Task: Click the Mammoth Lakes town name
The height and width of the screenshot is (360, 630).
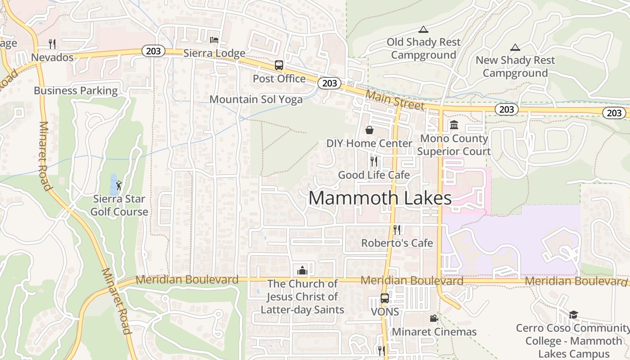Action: coord(380,198)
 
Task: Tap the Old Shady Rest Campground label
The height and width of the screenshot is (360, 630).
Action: coord(423,49)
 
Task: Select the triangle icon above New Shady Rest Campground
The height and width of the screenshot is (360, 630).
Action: coord(515,47)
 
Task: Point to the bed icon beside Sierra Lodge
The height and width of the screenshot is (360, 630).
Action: coord(214,40)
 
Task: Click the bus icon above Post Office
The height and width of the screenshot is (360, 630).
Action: coord(279,65)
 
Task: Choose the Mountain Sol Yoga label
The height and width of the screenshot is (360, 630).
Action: coord(256,99)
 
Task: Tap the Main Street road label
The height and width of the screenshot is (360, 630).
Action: coord(395,100)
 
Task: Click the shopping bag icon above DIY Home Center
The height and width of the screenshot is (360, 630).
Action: coord(369,130)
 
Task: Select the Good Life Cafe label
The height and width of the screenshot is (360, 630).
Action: coord(374,175)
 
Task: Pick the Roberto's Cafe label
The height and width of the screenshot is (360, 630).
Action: coord(397,243)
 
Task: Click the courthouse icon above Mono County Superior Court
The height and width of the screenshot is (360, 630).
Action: coord(454,125)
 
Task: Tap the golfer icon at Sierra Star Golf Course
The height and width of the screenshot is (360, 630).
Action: coord(119,185)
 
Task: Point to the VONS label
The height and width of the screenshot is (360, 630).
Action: coord(385,311)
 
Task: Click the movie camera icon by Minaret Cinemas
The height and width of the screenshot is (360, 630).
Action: coord(434,319)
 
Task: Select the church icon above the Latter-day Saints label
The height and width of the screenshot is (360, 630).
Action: coord(302,270)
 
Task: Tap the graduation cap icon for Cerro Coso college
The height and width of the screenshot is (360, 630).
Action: coord(573,315)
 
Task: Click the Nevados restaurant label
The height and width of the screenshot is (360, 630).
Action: coord(52,58)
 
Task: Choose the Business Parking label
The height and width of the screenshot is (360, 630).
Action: coord(76,90)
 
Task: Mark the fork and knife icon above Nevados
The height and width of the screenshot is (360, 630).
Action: coord(52,44)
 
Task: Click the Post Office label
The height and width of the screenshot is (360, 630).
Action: coord(279,79)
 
